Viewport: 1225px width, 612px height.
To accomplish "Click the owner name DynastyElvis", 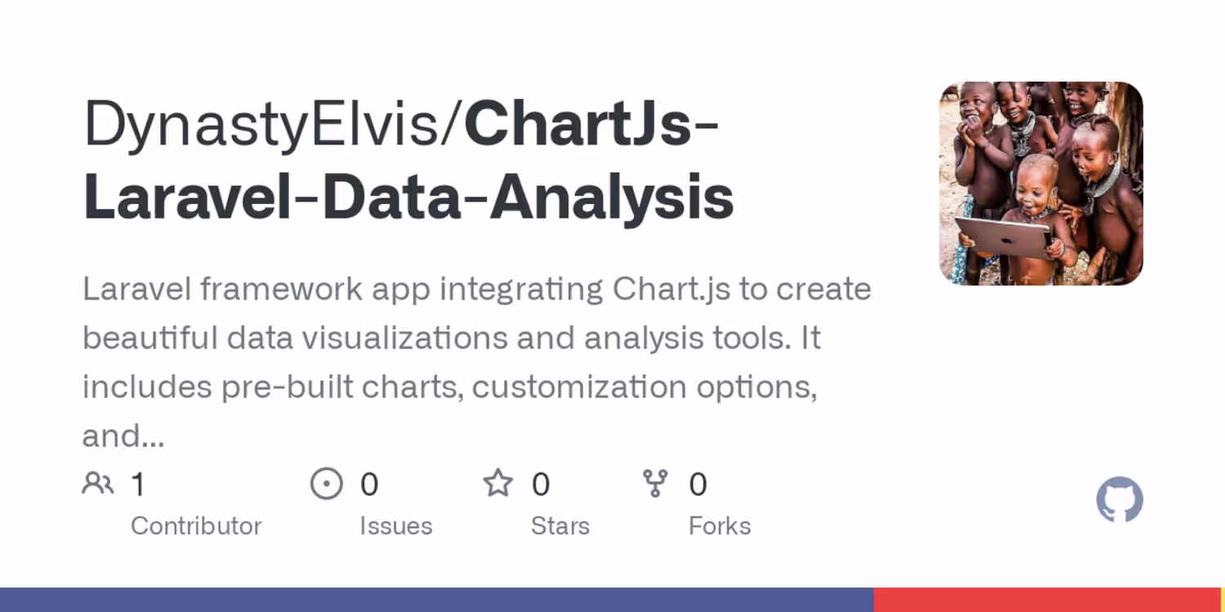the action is pos(261,125).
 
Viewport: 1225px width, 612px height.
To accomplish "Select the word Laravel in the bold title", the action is pos(188,196).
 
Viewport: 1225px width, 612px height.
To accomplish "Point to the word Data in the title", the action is pos(391,196).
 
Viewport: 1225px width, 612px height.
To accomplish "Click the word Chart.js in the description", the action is pos(671,290).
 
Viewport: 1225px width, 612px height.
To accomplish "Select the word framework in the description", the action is pos(281,289).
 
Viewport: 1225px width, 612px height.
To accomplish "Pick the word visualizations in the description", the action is pos(405,338).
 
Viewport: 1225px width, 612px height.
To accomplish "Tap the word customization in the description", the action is pos(579,387).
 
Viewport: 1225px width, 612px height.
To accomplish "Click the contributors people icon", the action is pos(98,483).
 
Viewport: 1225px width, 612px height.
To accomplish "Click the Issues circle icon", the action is pos(327,484).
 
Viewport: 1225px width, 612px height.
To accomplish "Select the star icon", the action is pos(498,483).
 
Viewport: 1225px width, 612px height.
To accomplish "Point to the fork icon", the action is pos(655,484).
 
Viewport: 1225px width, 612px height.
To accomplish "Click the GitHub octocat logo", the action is pos(1120,499).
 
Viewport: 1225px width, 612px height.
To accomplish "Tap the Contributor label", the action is pos(196,526).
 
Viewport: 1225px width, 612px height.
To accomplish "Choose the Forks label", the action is pos(719,526).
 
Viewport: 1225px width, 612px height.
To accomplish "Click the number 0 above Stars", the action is pos(541,484).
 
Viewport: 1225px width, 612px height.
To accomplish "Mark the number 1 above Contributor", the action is pos(139,484).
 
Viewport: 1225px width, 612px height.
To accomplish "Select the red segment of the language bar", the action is pos(1047,600).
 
